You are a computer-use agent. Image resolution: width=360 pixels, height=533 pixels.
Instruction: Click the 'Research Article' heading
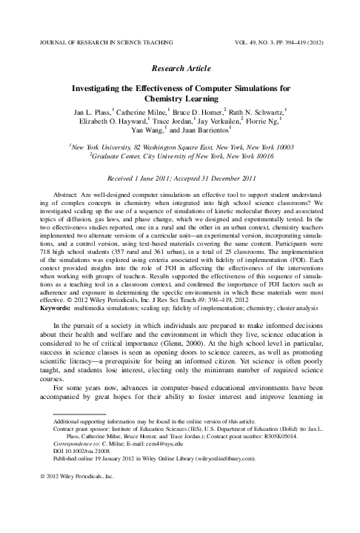click(x=179, y=65)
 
